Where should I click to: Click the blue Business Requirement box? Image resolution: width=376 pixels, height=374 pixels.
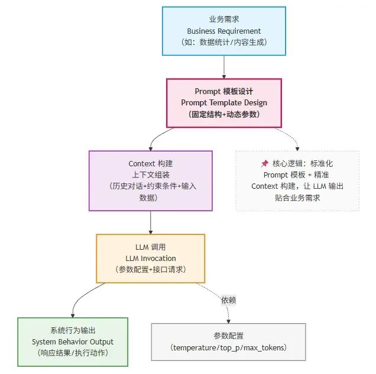coord(224,31)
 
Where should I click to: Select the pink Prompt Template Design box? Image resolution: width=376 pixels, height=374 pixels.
coord(224,102)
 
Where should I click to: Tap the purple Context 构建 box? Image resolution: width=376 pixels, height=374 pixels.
coord(150,180)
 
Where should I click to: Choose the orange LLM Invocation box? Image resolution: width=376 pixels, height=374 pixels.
coord(150,258)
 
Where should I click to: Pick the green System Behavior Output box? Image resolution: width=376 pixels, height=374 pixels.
coord(73,342)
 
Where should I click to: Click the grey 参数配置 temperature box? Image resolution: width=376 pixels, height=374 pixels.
coord(228,341)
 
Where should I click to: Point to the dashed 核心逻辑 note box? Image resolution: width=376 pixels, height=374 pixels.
coord(297,180)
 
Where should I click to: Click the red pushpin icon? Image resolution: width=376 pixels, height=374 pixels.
coord(265,163)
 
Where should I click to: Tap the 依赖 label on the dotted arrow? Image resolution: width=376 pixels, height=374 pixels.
coord(229,301)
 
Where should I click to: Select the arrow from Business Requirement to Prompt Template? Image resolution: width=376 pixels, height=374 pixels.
coord(224,67)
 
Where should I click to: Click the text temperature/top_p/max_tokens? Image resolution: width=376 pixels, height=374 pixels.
coord(228,347)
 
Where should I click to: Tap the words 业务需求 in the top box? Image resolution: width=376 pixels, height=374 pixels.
coord(224,20)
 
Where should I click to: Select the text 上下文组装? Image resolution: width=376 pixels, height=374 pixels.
coord(150,175)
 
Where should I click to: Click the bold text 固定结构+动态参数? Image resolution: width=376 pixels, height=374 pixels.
coord(224,114)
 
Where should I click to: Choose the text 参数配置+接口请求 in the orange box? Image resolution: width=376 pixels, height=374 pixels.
coord(150,269)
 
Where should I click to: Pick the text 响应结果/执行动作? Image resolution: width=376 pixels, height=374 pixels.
coord(73,353)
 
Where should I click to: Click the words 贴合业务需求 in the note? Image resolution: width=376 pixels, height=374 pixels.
coord(297,198)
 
